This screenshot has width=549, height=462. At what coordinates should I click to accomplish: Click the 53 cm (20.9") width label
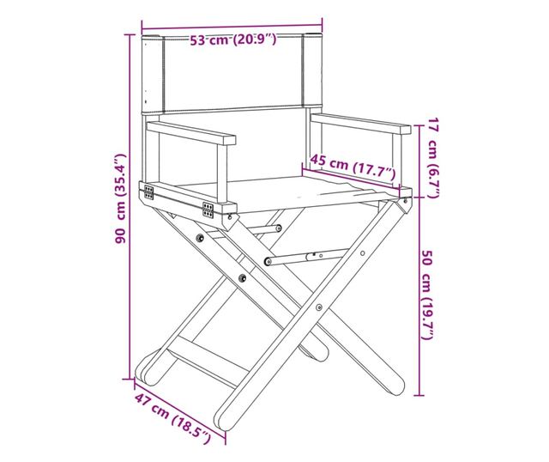233,40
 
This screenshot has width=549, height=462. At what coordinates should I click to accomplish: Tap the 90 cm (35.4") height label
121,198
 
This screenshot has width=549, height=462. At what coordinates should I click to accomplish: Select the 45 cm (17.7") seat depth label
353,167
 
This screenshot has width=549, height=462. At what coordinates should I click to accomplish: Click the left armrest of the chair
190,133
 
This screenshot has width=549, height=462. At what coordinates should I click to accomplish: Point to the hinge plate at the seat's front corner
208,210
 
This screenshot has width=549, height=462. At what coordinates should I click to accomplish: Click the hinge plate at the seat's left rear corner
148,192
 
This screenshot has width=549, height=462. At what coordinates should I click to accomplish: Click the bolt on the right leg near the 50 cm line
363,253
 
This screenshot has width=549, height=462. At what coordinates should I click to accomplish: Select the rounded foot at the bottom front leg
224,420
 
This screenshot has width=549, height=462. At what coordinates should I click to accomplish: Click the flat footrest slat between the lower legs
207,361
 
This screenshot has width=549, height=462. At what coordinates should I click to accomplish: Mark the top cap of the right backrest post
312,35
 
